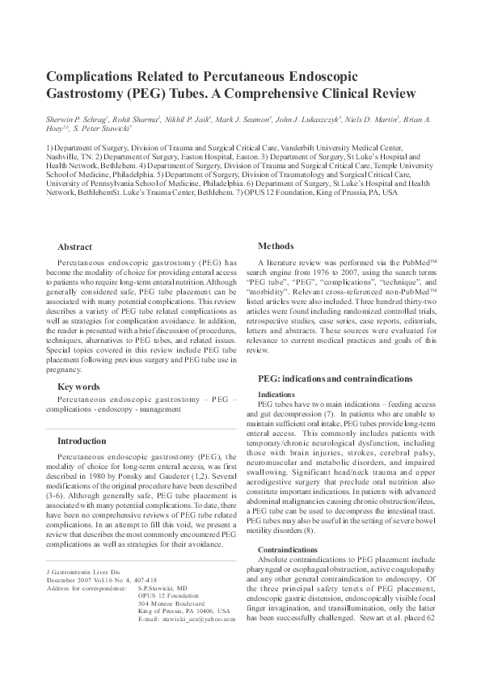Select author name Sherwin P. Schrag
79,118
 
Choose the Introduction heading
82,442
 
